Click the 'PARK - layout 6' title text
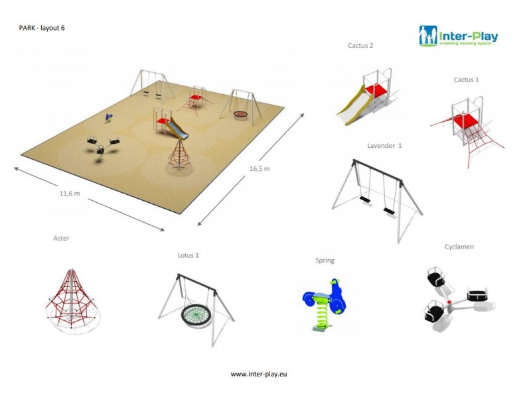[x=42, y=28]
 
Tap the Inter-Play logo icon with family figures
[x=428, y=36]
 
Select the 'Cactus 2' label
[x=360, y=45]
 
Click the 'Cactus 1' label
[x=467, y=80]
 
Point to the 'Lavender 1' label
[x=384, y=145]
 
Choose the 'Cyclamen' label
[x=459, y=247]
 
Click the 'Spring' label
[x=325, y=261]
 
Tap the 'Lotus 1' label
[x=189, y=255]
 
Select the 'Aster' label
[x=61, y=238]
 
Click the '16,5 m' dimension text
[x=260, y=169]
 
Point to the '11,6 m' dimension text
[x=70, y=194]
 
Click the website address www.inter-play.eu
[x=259, y=374]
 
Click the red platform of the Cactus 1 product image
[x=465, y=121]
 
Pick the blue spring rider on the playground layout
[x=108, y=117]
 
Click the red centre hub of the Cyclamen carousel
[x=449, y=302]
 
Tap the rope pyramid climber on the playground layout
[x=179, y=156]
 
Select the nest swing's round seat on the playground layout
[x=240, y=114]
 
